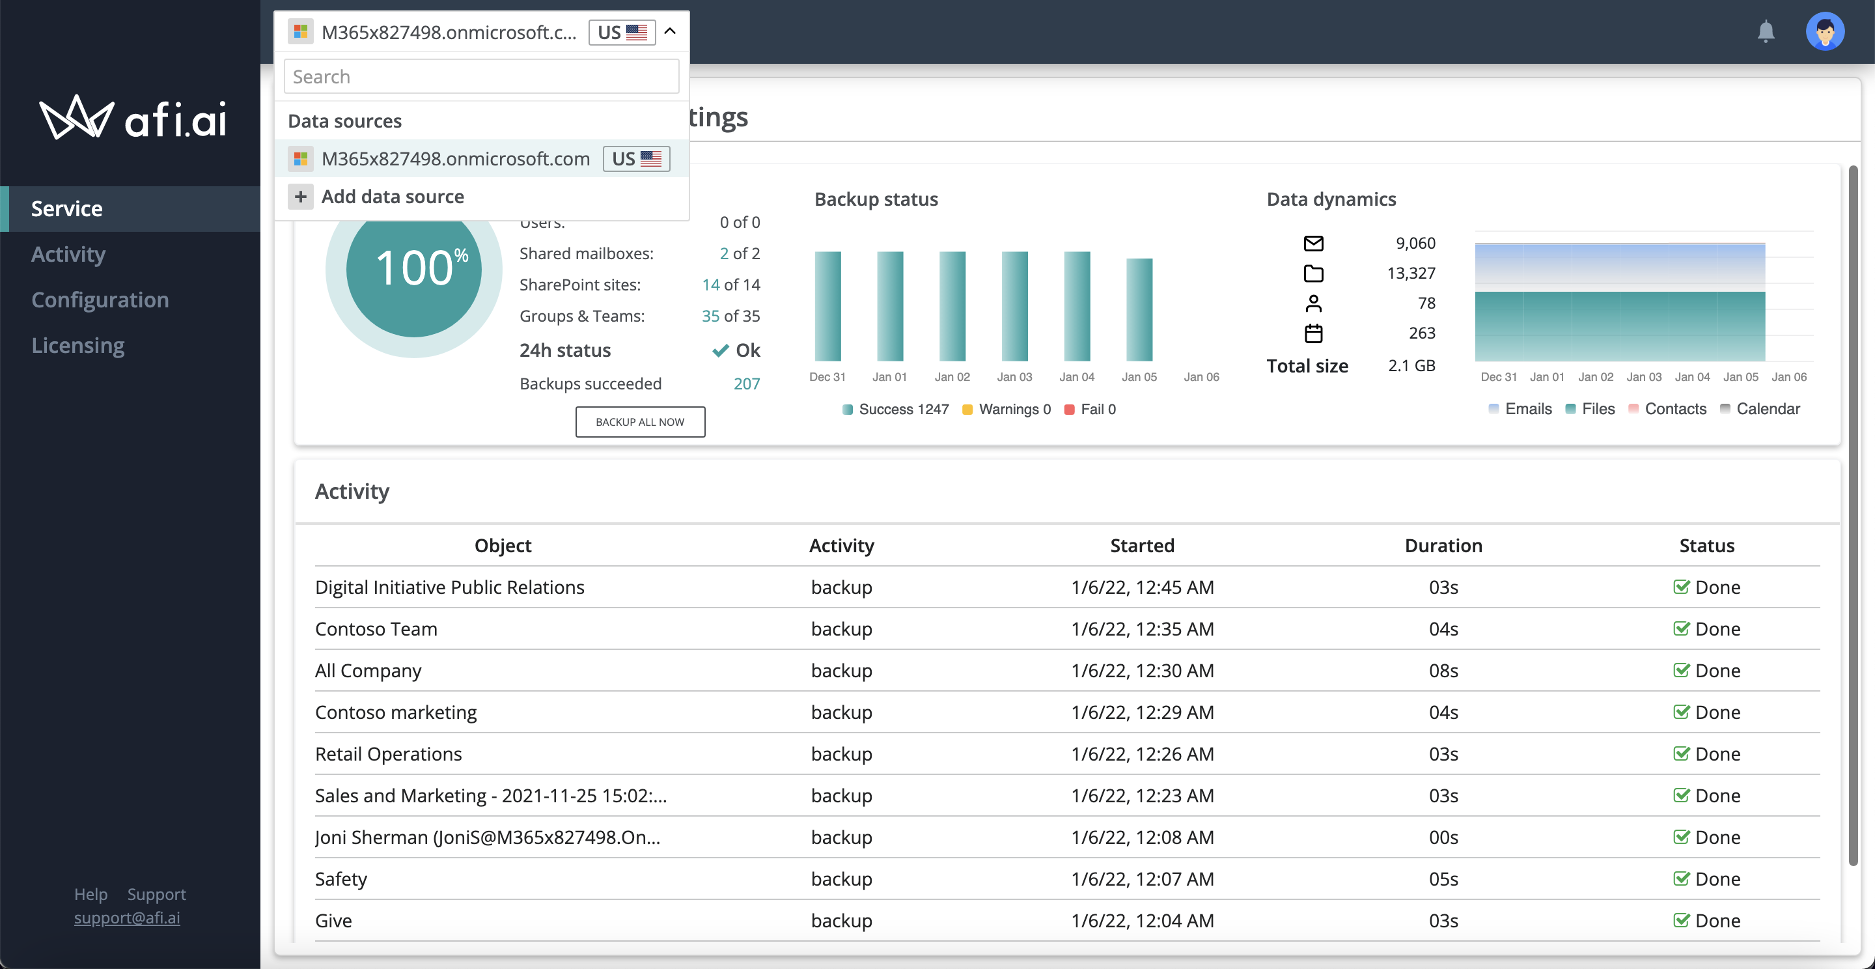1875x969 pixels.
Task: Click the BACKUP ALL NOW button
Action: [640, 421]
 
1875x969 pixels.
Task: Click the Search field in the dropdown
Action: [481, 76]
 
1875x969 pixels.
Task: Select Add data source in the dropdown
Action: [393, 197]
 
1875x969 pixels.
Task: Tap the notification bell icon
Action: [1766, 31]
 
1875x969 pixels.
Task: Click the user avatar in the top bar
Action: [1825, 31]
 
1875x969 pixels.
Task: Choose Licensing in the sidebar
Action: [78, 345]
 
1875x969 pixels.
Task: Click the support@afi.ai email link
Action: [127, 918]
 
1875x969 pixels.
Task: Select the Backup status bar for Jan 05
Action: [1139, 309]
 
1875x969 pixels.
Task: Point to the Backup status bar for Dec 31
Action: [827, 306]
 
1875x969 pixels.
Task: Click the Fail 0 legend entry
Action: [1090, 409]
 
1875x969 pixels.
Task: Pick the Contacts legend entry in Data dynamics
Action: [1667, 409]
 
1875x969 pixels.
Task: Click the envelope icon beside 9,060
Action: [1313, 243]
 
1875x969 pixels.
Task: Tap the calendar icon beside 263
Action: [1313, 333]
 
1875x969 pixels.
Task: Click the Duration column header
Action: [1443, 545]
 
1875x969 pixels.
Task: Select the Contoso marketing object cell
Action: [396, 712]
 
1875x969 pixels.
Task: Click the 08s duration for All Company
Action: [1443, 671]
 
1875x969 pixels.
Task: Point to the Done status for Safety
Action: [1707, 878]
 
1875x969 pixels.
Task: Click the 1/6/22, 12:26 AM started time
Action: [1142, 754]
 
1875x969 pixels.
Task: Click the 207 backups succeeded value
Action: [747, 384]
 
